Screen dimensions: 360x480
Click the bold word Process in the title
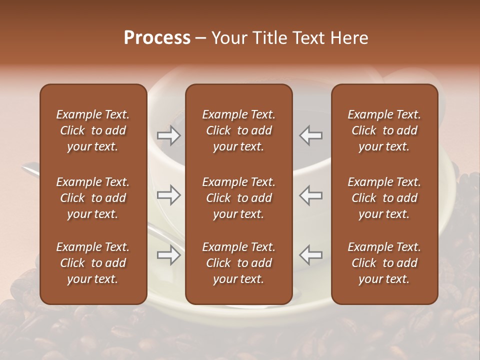[157, 38]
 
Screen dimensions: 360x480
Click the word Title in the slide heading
[270, 38]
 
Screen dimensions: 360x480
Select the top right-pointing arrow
[168, 135]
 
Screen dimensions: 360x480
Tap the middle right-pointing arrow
[168, 195]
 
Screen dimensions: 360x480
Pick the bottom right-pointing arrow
[168, 255]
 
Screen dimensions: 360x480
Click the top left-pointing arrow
[311, 135]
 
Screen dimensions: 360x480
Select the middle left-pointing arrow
[311, 195]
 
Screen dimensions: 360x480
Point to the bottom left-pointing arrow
[311, 255]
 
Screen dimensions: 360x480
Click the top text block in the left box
[93, 130]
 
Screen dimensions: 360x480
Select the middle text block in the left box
[93, 198]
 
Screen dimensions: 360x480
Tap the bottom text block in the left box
[93, 263]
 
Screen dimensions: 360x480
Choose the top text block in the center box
[239, 130]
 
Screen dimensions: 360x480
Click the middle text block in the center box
[239, 198]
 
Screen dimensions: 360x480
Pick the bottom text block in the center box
[239, 263]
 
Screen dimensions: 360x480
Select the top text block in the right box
[384, 130]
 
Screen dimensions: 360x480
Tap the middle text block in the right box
[384, 198]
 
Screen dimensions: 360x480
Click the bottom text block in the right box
[384, 263]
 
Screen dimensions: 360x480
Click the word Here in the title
[349, 38]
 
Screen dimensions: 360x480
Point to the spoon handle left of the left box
[30, 170]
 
